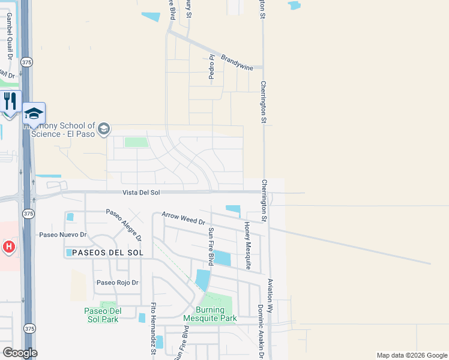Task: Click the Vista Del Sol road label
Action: (x=141, y=192)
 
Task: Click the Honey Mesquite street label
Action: (x=247, y=245)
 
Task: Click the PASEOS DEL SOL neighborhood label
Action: (x=107, y=253)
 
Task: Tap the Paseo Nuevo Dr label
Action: (x=63, y=235)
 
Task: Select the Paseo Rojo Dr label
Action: (x=118, y=283)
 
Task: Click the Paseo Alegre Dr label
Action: (x=124, y=224)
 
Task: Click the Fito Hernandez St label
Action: (x=154, y=328)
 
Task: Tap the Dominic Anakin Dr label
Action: (x=261, y=331)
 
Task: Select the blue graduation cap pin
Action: (x=34, y=113)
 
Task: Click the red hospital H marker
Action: (x=8, y=247)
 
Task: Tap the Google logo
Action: (x=20, y=353)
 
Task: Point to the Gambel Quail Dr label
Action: (x=10, y=35)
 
